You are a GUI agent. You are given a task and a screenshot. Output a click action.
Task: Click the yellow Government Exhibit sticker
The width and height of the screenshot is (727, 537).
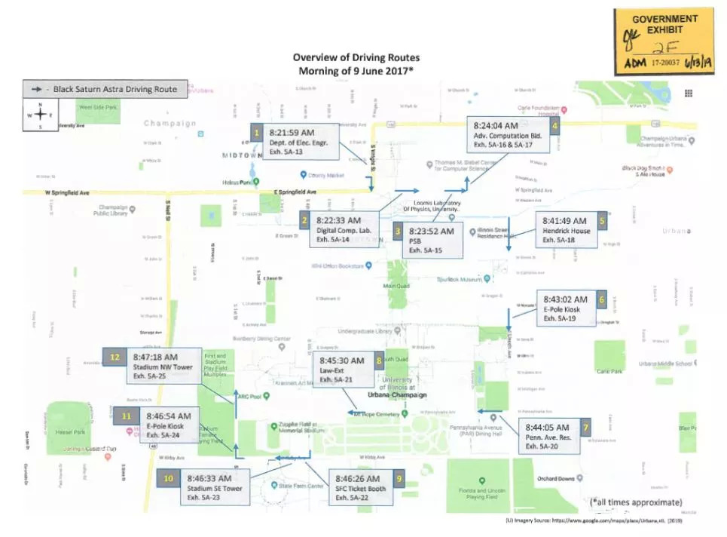[x=664, y=42]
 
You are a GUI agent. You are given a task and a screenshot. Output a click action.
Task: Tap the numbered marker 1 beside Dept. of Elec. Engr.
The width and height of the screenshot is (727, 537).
[x=257, y=133]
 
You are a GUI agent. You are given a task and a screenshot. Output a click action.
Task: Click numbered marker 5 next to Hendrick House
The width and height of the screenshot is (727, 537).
[x=602, y=221]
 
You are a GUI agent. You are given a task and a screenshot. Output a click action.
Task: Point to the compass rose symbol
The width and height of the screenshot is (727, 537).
[x=41, y=115]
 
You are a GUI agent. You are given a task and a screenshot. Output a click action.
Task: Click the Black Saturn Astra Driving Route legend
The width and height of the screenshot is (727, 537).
[x=103, y=89]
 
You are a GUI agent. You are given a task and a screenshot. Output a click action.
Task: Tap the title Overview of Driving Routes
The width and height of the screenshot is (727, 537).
[x=356, y=57]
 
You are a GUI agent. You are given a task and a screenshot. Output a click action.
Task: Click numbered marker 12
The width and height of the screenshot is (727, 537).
[x=115, y=357]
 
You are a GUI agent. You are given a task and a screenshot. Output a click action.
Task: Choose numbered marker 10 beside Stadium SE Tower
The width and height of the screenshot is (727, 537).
[x=168, y=478]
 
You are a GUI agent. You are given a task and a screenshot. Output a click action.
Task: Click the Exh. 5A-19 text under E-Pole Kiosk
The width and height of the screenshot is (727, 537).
[x=560, y=319]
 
